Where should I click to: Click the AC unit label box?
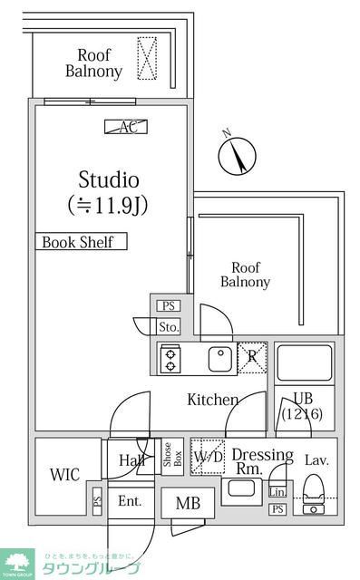(126, 127)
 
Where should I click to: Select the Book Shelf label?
(81, 242)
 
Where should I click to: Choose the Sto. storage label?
(169, 326)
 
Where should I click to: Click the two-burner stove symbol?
(170, 360)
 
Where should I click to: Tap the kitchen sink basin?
(221, 360)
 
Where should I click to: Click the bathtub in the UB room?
(304, 362)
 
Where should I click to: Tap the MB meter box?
(188, 504)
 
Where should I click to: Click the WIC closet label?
(65, 474)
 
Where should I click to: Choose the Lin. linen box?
(277, 491)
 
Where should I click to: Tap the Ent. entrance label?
(130, 500)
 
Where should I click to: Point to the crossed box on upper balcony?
(146, 57)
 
